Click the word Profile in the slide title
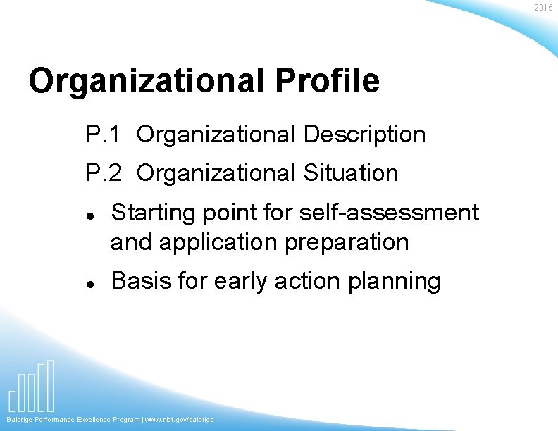[327, 81]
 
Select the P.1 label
[104, 134]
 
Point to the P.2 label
[104, 173]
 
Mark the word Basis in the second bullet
[141, 280]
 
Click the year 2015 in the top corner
[543, 8]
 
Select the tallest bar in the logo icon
[50, 385]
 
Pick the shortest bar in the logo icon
[12, 400]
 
